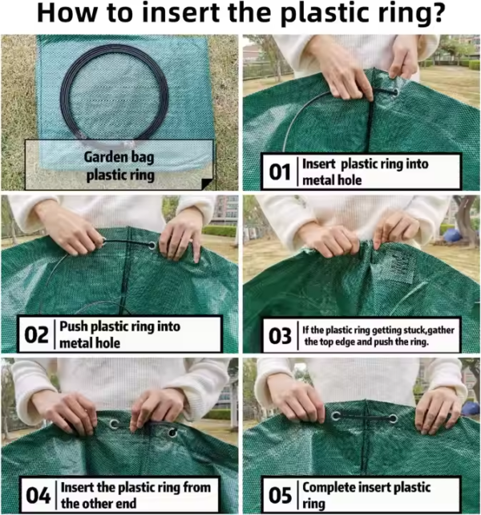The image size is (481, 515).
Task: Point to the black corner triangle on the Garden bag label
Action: pos(208,184)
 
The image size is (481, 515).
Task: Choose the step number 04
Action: pos(37,495)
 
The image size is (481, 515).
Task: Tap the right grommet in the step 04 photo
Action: pos(172,434)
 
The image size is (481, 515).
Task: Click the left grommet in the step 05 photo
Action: pos(335,416)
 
